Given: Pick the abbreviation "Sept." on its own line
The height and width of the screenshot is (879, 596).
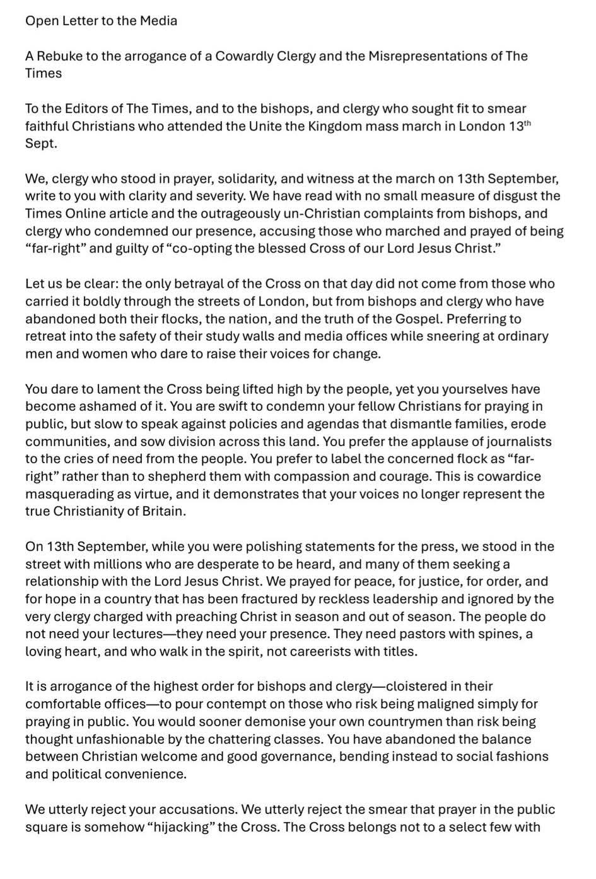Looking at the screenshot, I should [x=41, y=143].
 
